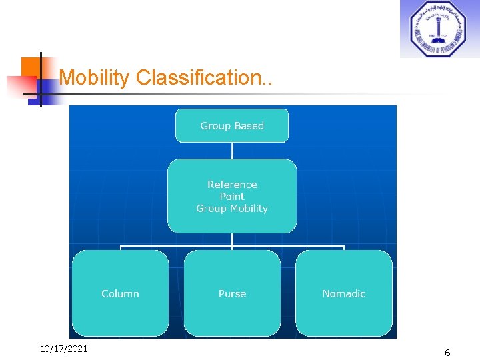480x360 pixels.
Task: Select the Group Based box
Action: click(x=232, y=126)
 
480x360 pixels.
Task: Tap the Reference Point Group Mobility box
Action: click(x=232, y=196)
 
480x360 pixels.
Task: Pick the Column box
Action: click(x=120, y=293)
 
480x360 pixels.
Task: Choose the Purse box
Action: click(x=232, y=293)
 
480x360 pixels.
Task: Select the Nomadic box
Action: click(x=344, y=293)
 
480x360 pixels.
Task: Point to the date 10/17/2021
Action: click(x=64, y=349)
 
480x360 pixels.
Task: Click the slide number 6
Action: click(x=447, y=353)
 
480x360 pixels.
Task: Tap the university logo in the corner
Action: click(x=438, y=29)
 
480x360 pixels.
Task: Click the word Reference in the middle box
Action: click(x=232, y=185)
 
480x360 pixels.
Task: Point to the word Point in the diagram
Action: click(x=232, y=197)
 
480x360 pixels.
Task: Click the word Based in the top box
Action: click(x=249, y=126)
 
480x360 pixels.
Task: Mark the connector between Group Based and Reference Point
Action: click(x=232, y=151)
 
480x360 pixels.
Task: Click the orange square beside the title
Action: click(x=31, y=67)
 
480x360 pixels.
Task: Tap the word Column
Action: click(x=120, y=294)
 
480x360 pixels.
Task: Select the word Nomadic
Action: click(x=344, y=294)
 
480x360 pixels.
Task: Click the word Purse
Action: click(x=232, y=294)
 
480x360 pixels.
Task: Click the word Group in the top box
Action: click(x=215, y=126)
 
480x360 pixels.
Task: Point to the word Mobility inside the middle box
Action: click(x=247, y=209)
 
